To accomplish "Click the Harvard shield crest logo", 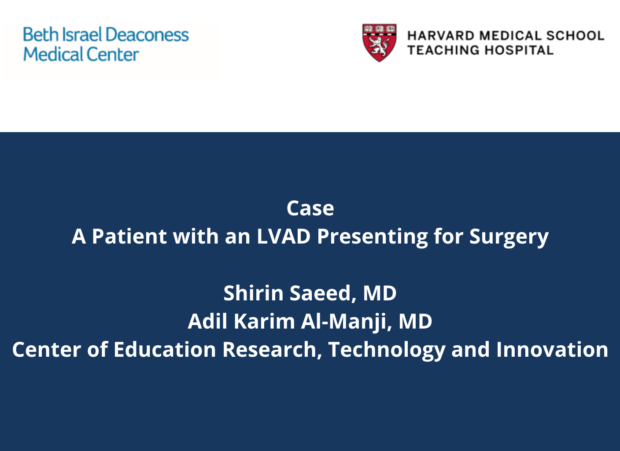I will click(379, 42).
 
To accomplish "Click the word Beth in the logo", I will click(40, 35).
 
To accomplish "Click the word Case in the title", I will click(310, 208).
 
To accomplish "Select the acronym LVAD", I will click(284, 237).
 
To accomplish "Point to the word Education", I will click(165, 350).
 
